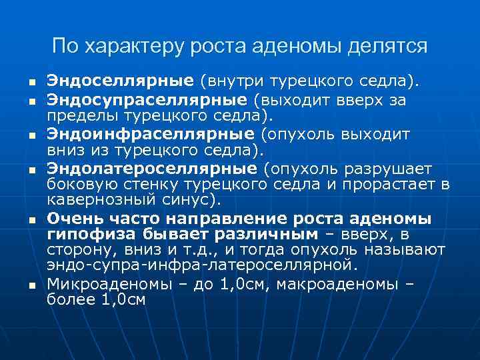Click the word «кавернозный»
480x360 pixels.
(x=97, y=199)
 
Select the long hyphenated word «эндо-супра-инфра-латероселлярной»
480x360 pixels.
(x=201, y=266)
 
